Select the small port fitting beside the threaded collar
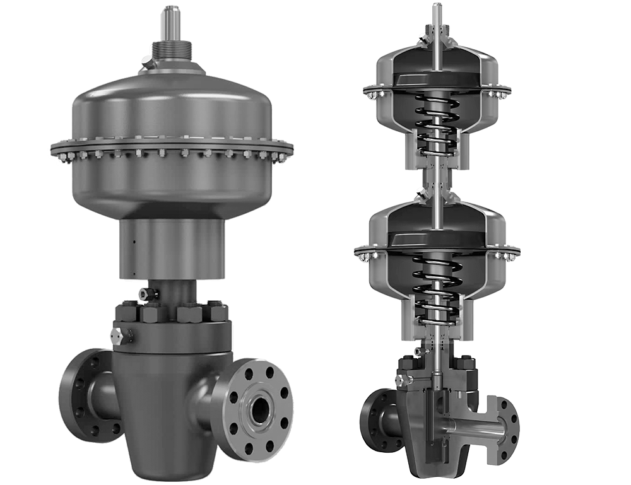coord(146,62)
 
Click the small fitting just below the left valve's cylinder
coord(144,293)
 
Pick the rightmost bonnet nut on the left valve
coord(218,312)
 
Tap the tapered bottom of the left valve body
coord(161,451)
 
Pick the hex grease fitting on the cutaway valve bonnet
coord(401,379)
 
